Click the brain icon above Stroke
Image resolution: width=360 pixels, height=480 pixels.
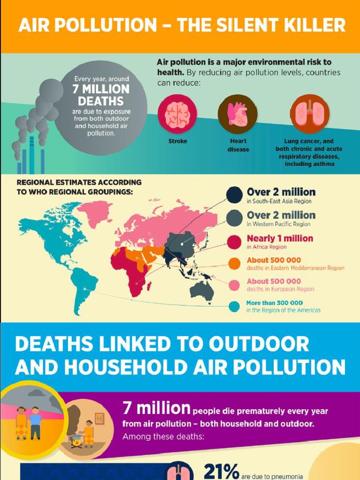pos(177,114)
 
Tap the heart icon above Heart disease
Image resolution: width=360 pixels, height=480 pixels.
pos(238,114)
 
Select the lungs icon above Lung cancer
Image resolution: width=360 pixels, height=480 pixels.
pos(309,114)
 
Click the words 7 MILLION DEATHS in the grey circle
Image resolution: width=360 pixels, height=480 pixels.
pos(101,95)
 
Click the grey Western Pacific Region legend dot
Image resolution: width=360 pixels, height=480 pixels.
pos(234,218)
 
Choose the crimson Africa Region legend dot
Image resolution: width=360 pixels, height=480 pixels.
pos(234,241)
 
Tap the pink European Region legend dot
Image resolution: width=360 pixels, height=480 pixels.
pos(234,285)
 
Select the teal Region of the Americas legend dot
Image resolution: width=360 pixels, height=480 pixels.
pos(234,307)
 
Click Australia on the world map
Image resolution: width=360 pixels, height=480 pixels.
pos(202,291)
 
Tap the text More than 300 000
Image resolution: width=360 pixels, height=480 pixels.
pos(275,303)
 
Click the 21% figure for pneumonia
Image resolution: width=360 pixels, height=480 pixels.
pos(222,472)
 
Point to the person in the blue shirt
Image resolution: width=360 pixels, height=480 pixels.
pos(35,422)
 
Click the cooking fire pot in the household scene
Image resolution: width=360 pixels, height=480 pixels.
pos(75,440)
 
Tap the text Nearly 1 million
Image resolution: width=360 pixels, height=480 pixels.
pos(280,238)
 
